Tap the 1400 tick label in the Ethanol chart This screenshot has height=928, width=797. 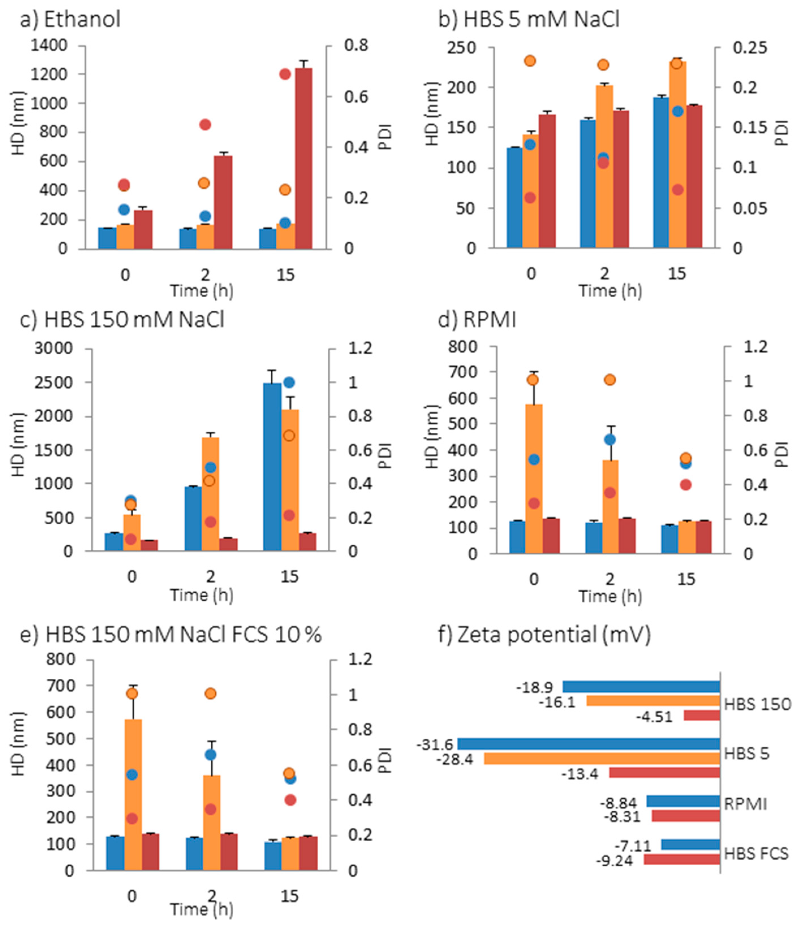pyautogui.click(x=49, y=45)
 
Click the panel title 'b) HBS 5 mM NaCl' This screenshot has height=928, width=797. pyautogui.click(x=529, y=20)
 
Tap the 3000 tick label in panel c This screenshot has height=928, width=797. pyautogui.click(x=53, y=348)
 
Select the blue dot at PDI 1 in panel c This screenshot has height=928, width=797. pyautogui.click(x=289, y=382)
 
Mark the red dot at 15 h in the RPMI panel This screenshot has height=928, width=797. pyautogui.click(x=686, y=484)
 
